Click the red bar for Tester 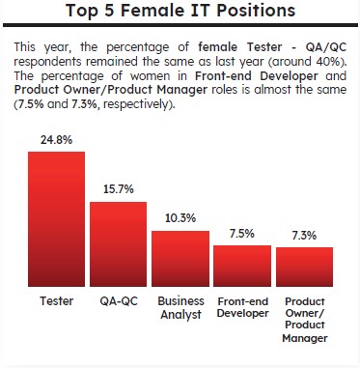[57, 219]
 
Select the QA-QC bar [119, 244]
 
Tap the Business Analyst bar [180, 259]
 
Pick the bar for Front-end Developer [242, 266]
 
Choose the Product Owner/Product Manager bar [304, 267]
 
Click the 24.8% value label [57, 140]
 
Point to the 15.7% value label [119, 189]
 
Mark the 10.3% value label [180, 218]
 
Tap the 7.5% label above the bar [242, 234]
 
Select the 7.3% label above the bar [304, 236]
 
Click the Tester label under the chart [57, 301]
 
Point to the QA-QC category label [119, 301]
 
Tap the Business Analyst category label [180, 308]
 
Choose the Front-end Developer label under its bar [243, 307]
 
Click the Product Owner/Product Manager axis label [305, 320]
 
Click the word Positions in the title [256, 10]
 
